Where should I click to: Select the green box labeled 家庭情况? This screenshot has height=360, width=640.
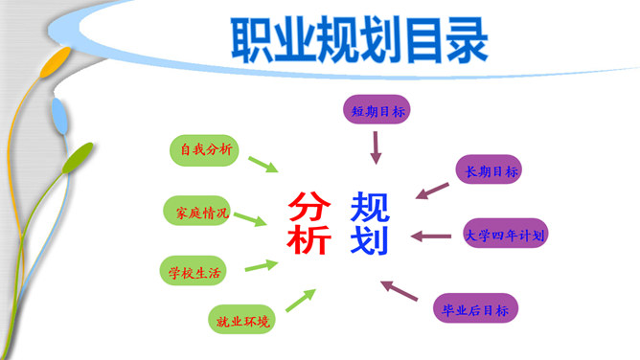coord(197,212)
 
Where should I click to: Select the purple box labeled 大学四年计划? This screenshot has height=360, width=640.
coord(506,234)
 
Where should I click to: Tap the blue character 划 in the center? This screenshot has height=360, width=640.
coord(370,238)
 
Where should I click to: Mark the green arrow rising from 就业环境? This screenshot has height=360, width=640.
coord(300,301)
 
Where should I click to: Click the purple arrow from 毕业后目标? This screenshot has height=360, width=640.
coord(400,291)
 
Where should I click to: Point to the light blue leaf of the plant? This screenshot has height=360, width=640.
coord(60,117)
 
